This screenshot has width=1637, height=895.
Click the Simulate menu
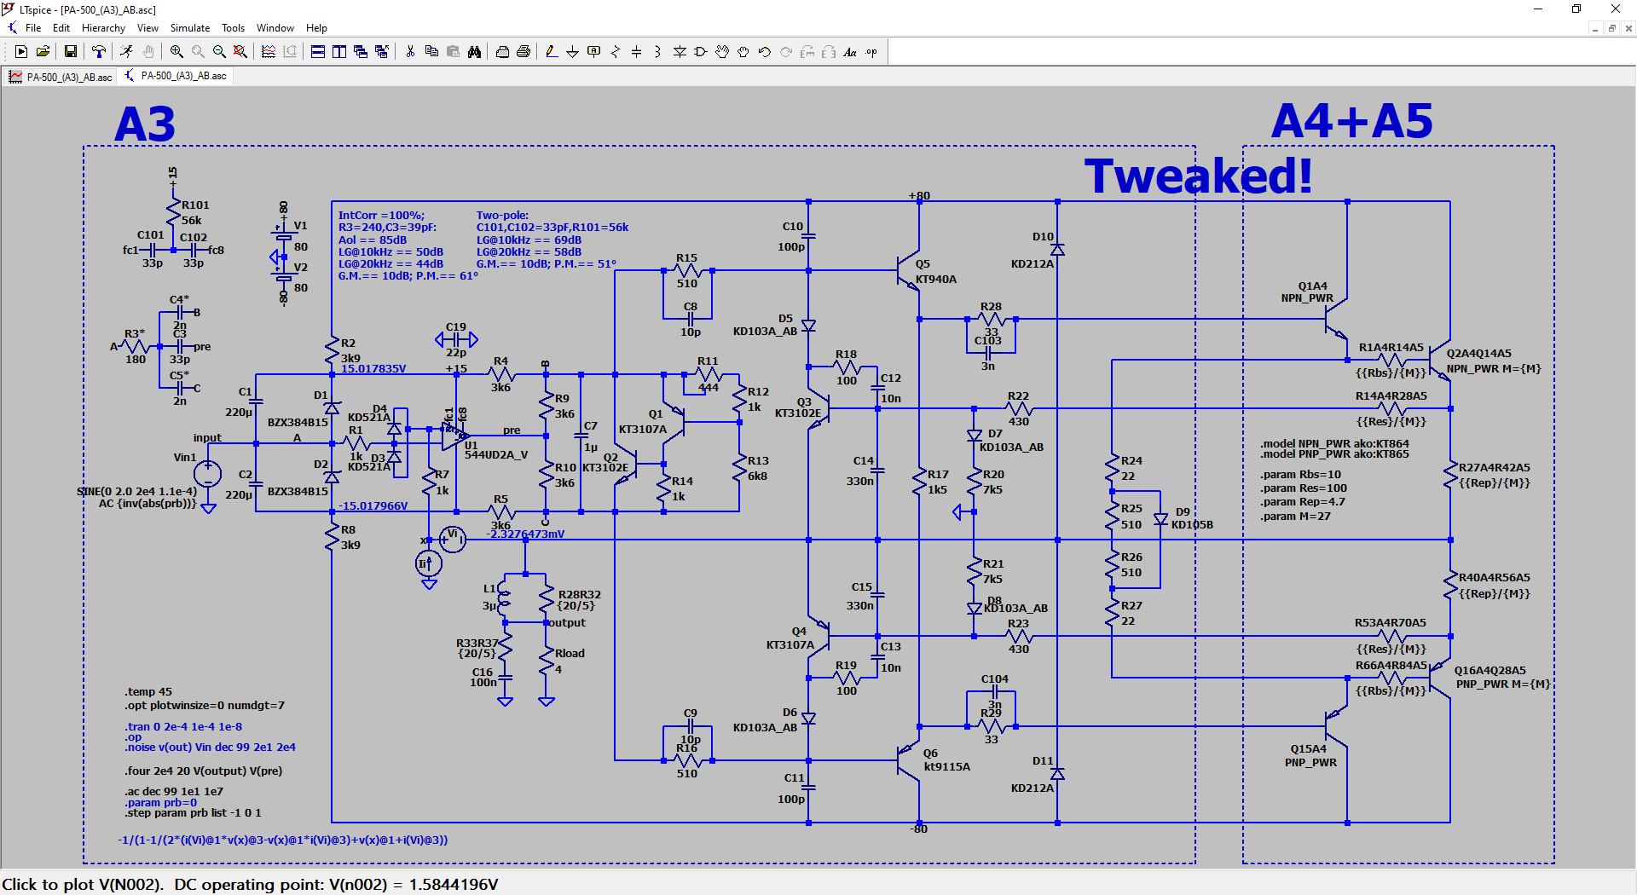pos(189,28)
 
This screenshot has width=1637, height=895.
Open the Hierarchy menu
pos(103,28)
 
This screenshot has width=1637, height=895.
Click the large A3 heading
pos(145,124)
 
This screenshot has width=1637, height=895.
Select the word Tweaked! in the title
pos(1198,176)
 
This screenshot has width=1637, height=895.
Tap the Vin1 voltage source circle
pos(208,473)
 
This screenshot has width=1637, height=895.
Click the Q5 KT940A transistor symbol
pos(909,271)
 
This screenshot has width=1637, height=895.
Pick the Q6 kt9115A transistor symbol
pos(909,755)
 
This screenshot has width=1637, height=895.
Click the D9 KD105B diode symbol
pos(1160,519)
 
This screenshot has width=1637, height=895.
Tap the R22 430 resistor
pos(1018,409)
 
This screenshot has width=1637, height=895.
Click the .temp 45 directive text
pos(148,692)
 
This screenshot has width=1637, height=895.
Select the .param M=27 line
pos(1296,517)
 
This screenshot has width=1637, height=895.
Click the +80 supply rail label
pos(919,196)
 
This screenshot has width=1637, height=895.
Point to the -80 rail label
pos(918,829)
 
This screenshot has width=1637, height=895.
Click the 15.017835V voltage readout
pos(373,369)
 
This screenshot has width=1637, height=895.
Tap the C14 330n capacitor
pos(877,471)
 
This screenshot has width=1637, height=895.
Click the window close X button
pos(1615,9)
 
